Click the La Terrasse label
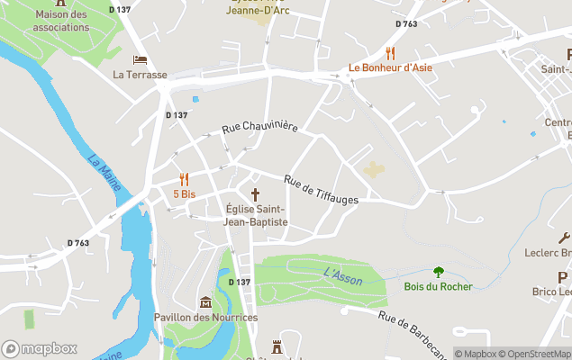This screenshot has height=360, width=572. [x=141, y=75]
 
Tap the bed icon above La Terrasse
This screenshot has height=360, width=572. [x=140, y=59]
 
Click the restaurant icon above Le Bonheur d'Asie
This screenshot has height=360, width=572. [x=390, y=52]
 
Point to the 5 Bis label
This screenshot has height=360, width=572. [x=184, y=193]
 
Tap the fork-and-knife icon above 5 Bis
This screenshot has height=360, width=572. [x=184, y=178]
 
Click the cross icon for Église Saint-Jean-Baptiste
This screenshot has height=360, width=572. [x=256, y=194]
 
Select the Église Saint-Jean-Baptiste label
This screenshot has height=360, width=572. [x=257, y=215]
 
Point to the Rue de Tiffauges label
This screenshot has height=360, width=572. [x=321, y=188]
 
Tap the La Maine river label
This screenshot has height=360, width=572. [x=104, y=172]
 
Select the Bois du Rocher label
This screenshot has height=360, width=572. [x=439, y=287]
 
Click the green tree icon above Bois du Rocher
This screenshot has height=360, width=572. [x=439, y=272]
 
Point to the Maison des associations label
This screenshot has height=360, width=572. [x=61, y=21]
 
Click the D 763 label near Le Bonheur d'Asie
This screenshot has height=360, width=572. [x=406, y=24]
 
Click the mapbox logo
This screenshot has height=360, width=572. [x=40, y=348]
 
